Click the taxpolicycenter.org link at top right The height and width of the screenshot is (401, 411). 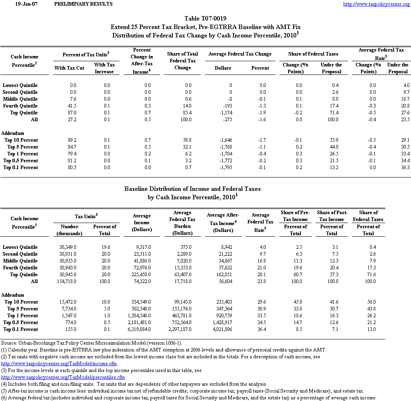376,4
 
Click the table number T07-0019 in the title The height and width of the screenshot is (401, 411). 205,19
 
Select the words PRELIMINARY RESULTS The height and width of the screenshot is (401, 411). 83,4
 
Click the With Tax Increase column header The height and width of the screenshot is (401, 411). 104,68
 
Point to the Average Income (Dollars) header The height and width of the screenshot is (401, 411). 142,223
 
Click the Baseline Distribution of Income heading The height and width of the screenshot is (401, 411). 192,189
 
